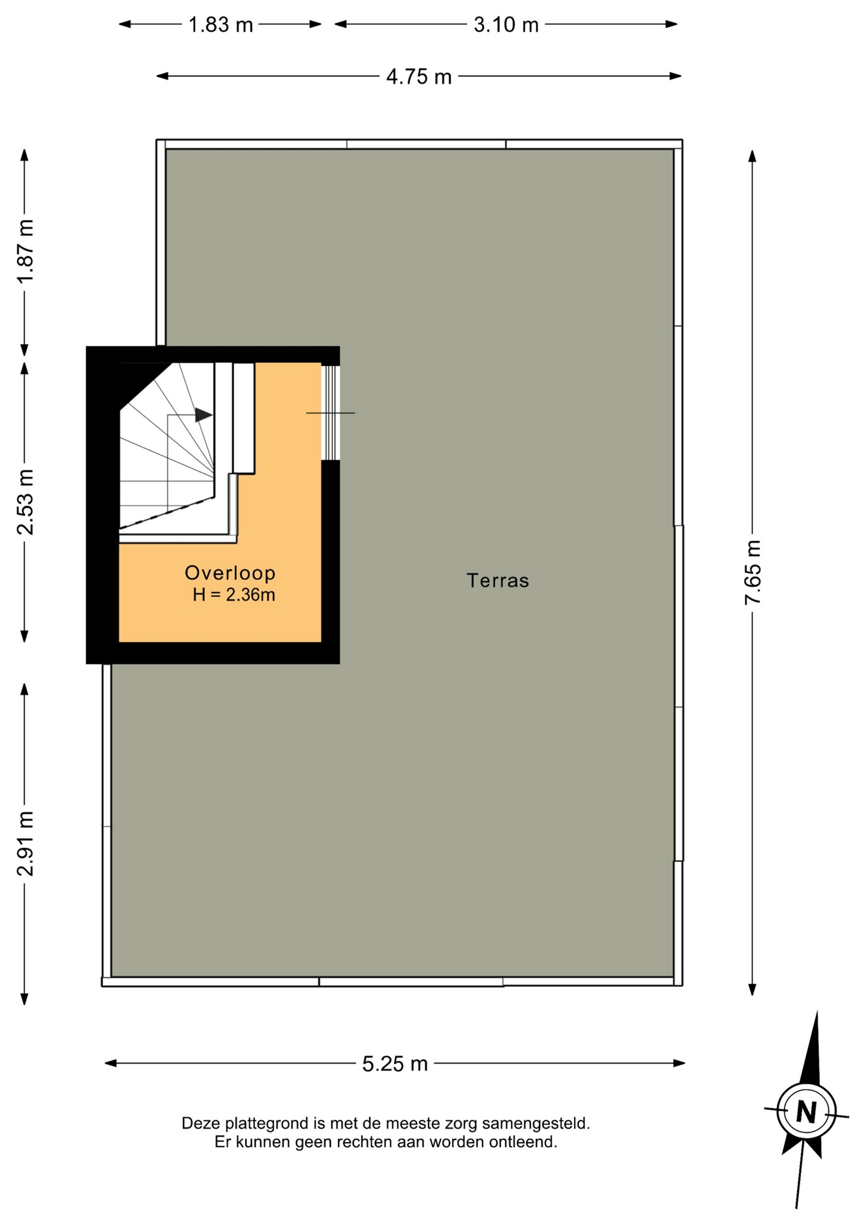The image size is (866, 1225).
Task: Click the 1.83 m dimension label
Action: click(x=221, y=25)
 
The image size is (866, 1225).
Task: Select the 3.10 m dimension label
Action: click(x=506, y=25)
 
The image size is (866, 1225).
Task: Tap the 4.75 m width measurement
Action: click(x=419, y=77)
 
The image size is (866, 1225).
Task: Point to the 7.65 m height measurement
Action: click(x=752, y=572)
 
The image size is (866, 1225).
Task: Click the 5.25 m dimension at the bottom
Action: click(x=395, y=1064)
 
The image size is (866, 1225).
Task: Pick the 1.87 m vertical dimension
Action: click(x=25, y=251)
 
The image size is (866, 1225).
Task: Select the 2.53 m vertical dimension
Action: click(x=25, y=501)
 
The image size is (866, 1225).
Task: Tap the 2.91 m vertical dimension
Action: click(x=25, y=843)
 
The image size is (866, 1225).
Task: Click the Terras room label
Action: click(x=497, y=581)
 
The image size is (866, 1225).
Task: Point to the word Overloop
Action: click(x=230, y=573)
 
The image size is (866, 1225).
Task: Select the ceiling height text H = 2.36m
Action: click(x=234, y=595)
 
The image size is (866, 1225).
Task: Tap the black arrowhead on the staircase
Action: click(x=203, y=415)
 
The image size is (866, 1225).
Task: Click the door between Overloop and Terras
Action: click(x=330, y=413)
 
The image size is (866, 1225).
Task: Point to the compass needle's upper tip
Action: click(x=817, y=1012)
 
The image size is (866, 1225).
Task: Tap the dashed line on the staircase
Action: click(x=166, y=513)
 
